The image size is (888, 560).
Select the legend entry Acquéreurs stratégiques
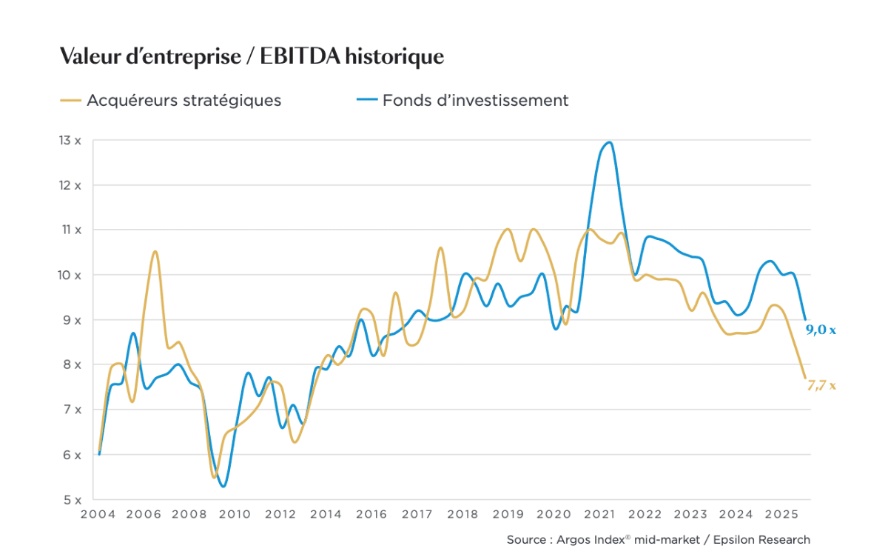(184, 100)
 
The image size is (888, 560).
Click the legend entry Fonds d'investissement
(475, 100)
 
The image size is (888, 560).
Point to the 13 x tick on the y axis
(70, 140)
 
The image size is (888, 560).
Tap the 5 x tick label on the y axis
(71, 499)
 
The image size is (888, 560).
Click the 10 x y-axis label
(70, 275)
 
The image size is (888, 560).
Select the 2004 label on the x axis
(96, 514)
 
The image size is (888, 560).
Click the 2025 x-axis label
(781, 514)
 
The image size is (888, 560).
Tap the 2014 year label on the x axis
(326, 514)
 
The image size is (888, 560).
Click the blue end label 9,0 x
(820, 330)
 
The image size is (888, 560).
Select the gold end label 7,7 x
(820, 385)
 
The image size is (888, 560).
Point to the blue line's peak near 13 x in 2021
(609, 142)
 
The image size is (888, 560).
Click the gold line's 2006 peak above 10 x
(155, 252)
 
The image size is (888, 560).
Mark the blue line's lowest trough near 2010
(223, 486)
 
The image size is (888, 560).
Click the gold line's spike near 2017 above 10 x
(440, 248)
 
